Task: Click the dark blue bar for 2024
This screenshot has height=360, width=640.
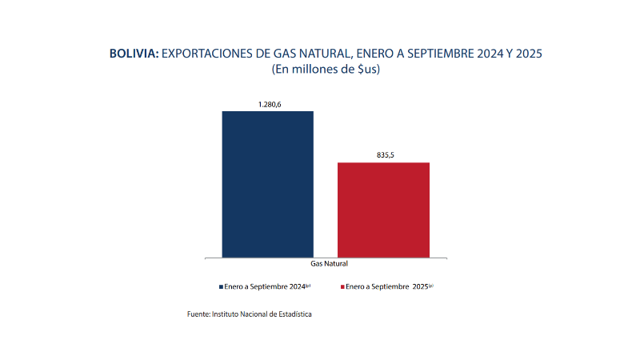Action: pos(267,184)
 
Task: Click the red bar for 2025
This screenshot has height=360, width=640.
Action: pos(383,210)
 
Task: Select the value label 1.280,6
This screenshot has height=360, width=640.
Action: pos(268,105)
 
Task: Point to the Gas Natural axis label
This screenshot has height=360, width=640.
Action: pos(326,263)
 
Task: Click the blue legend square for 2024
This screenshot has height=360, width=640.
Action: pos(221,286)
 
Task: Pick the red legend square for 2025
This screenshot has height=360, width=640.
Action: pos(343,286)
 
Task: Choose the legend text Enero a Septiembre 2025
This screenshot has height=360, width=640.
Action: pos(388,286)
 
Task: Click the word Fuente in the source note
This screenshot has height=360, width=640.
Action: pos(198,315)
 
